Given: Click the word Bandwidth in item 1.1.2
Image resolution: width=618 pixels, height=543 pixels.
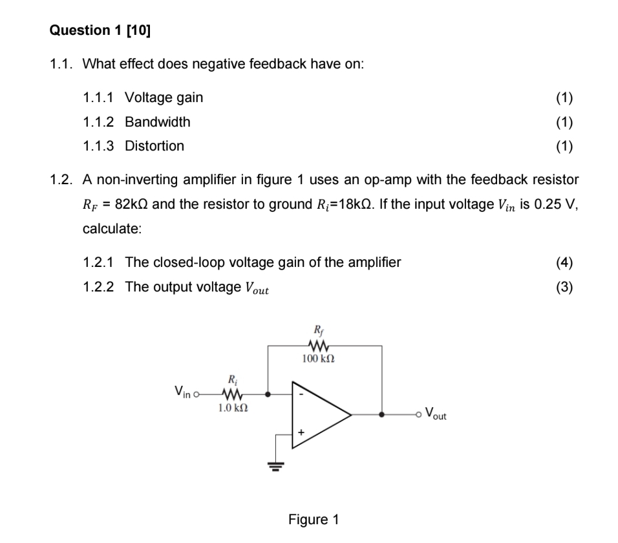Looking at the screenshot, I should pos(157,122).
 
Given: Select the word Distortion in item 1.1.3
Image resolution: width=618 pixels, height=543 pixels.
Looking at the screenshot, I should pos(154,146).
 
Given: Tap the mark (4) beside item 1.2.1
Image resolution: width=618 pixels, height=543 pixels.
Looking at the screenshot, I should pos(564,262).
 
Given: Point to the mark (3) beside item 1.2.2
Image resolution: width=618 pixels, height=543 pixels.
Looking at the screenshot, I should pos(564,286).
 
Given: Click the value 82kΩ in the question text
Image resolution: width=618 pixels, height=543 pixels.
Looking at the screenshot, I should pos(133,204).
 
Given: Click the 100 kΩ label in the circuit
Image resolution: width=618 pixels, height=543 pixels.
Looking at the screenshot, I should pos(319,357).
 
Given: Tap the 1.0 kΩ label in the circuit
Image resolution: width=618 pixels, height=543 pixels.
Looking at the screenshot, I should pos(231,408).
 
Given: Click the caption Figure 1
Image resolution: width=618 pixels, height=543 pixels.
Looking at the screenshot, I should pos(314,519).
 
